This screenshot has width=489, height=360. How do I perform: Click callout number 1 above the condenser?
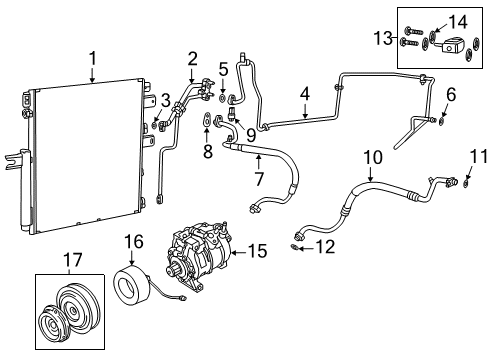pos(92,60)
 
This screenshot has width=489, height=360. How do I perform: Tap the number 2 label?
pos(192,59)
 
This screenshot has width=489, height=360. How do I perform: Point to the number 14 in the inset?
pos(457,19)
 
